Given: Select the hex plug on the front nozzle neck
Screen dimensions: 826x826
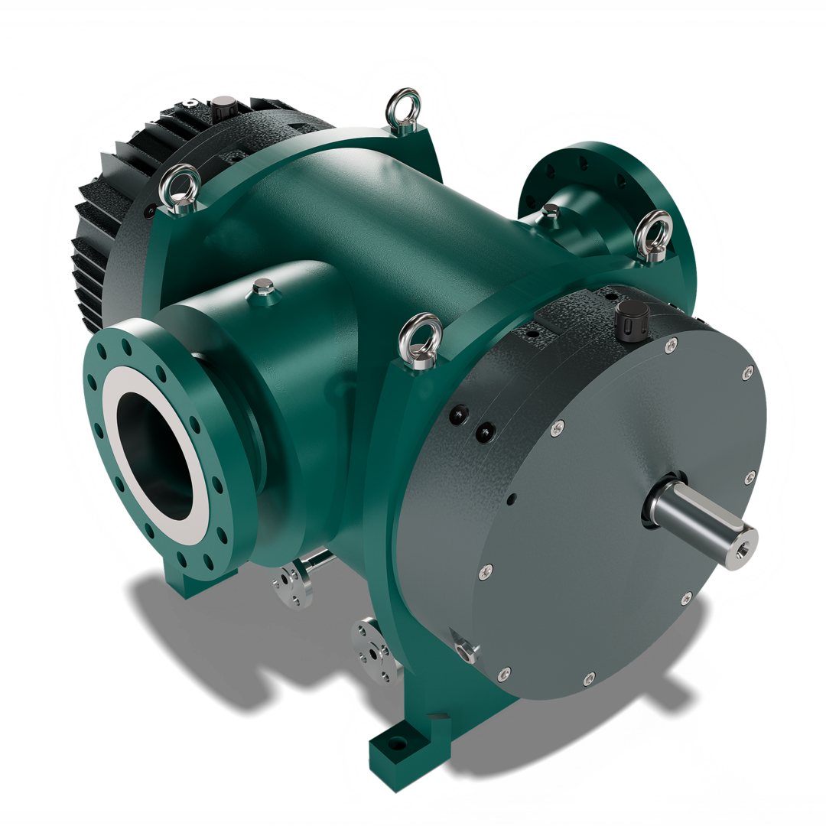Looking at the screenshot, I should pos(262,290).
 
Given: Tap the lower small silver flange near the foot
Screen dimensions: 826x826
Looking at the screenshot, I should pos(372,650).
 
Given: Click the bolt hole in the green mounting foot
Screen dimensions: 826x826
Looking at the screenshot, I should pos(395,743).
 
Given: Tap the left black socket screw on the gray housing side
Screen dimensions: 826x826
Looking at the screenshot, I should pos(457,415).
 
